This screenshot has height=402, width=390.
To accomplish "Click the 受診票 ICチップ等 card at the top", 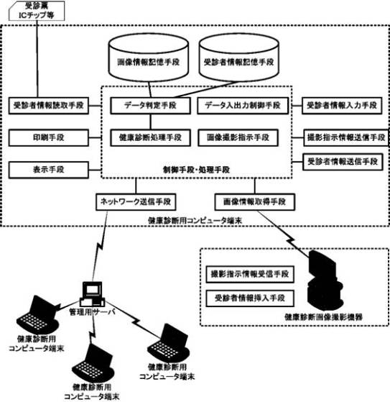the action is coord(37,11).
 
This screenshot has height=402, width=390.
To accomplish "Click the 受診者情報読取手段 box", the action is coord(49,106).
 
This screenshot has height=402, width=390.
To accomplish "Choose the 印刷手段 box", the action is coord(49,137).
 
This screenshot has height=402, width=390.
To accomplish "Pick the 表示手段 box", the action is coord(49,170).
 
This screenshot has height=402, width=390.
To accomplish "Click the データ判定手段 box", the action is coord(150,106).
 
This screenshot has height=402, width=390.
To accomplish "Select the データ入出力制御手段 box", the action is coord(243,106).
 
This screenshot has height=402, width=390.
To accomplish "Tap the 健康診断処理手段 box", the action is coord(150,137).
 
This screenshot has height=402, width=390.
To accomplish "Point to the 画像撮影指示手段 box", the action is coord(238,137).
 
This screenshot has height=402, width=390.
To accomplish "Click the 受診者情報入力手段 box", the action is coord(342,106).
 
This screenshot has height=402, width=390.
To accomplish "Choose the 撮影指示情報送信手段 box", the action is coord(346,137).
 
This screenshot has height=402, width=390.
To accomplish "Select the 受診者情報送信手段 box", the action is coord(343,162).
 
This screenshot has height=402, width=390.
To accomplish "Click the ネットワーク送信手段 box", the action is coord(136,202).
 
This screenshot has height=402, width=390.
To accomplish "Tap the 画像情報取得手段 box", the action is coord(254,202).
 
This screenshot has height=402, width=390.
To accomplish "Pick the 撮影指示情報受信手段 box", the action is coord(250,274).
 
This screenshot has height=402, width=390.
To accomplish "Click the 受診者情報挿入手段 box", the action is coord(250,298).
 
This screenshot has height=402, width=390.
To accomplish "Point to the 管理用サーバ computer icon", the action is coord(93,294).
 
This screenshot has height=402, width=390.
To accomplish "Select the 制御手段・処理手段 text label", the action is coord(196,170).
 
